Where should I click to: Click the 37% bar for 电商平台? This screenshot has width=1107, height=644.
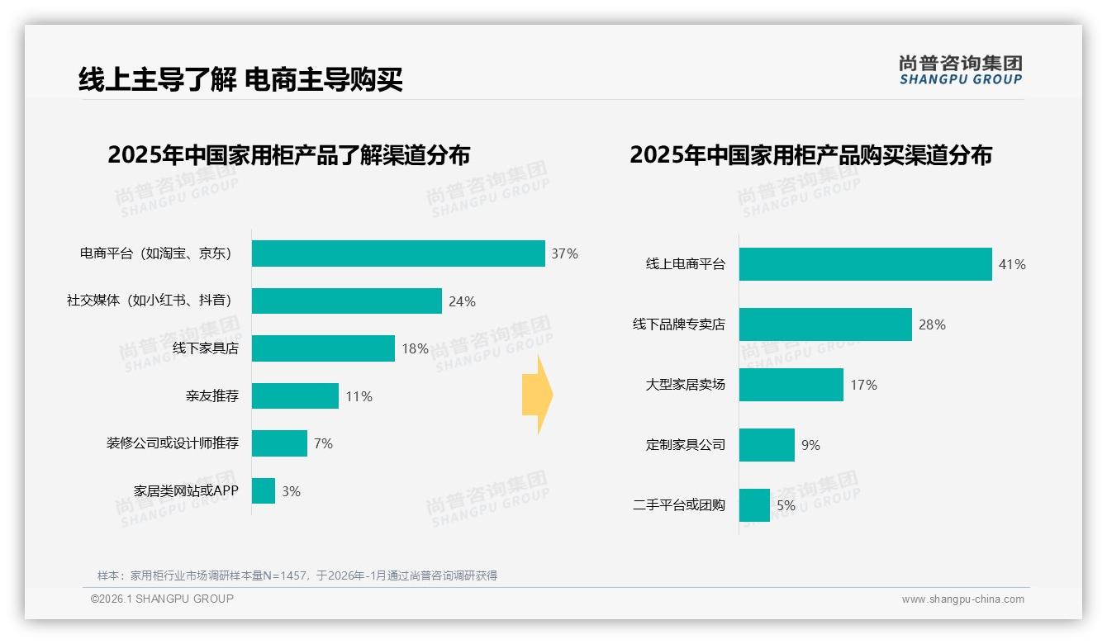tap(398, 253)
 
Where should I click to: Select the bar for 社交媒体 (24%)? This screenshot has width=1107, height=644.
tap(347, 301)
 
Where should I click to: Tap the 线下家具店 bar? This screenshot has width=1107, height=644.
tap(323, 348)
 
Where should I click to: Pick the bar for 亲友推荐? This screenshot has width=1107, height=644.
tap(295, 396)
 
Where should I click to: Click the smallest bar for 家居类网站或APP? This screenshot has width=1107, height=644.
tap(264, 491)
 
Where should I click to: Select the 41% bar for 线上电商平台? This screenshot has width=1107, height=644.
tap(865, 264)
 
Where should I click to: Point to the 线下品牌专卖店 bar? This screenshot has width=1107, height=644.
tap(825, 324)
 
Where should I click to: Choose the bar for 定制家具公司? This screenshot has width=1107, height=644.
tap(767, 445)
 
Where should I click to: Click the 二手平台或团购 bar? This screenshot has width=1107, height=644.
tap(754, 505)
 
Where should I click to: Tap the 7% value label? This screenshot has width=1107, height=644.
tap(323, 444)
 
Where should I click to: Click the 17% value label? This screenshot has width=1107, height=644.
tap(863, 385)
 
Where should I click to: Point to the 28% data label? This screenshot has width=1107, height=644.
tap(932, 325)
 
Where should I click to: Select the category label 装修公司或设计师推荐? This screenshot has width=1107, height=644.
tap(172, 443)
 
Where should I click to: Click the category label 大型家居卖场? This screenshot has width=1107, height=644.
tap(685, 385)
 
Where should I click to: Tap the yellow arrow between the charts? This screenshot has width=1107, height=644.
tap(538, 395)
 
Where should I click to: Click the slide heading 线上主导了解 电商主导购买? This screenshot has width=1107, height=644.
tap(240, 80)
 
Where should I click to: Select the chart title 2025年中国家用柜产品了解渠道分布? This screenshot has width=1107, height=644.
tap(288, 155)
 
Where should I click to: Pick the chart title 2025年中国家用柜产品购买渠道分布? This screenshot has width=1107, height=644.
tap(810, 155)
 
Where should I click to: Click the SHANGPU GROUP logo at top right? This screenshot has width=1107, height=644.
tap(960, 70)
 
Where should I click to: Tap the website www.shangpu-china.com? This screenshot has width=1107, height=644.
tap(962, 599)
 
